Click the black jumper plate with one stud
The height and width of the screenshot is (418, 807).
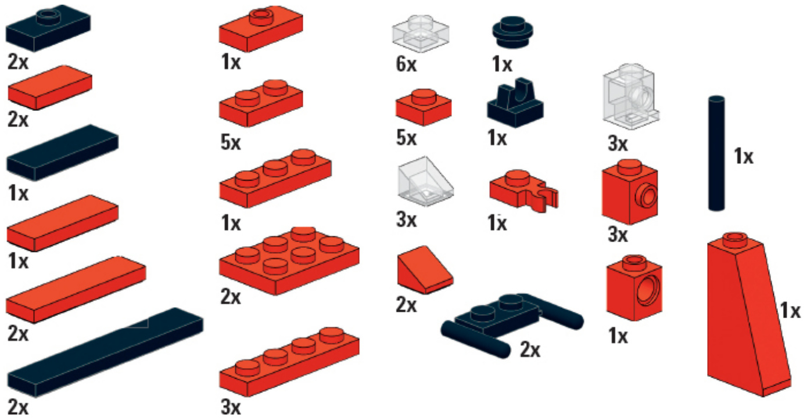(x=48, y=28)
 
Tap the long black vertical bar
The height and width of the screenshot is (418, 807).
(x=716, y=153)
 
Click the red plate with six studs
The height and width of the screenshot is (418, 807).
(x=289, y=261)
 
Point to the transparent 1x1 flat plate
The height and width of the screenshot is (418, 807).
(x=421, y=34)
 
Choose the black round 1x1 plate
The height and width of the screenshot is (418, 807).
(x=512, y=32)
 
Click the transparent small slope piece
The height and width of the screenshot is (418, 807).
(x=425, y=181)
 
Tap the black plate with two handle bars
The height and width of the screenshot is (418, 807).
(x=512, y=322)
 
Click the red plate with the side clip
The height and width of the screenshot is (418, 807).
(x=523, y=190)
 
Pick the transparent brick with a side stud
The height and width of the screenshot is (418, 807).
(x=630, y=96)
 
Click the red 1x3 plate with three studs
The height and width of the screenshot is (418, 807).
(x=275, y=178)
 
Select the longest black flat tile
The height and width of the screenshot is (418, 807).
(x=105, y=352)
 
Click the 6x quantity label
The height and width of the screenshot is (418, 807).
(x=406, y=64)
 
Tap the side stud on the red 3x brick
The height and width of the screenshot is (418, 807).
(x=647, y=196)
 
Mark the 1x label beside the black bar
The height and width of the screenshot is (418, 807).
(x=743, y=157)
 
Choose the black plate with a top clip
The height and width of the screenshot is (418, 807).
(x=515, y=103)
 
